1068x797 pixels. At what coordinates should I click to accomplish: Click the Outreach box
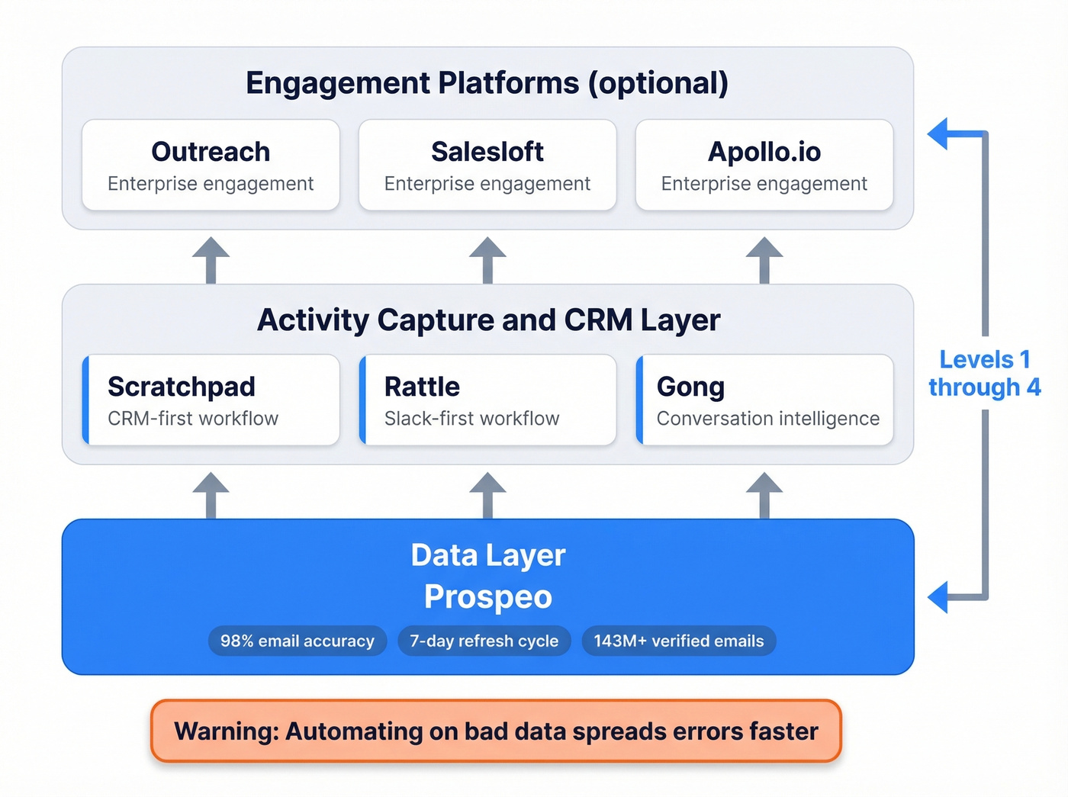pos(211,165)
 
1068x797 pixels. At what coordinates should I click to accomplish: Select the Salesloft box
pos(487,165)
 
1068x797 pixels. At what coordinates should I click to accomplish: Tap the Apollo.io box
pos(764,165)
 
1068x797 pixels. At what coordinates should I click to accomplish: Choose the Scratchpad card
pos(211,400)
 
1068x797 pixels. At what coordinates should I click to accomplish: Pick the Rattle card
pos(487,400)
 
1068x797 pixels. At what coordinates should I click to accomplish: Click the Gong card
pos(764,400)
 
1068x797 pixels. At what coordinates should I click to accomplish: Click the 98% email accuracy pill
pos(298,641)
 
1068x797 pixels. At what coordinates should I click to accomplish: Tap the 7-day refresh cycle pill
pos(484,641)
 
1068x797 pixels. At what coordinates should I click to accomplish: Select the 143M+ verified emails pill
pos(679,641)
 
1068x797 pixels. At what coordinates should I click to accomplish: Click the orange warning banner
pos(496,731)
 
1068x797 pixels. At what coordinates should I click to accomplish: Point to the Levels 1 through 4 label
pos(984,373)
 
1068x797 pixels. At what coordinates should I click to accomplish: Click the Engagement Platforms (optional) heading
pos(487,82)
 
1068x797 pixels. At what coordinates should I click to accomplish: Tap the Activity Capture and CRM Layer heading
pos(488,320)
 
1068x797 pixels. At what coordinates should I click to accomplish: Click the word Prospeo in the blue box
pos(488,596)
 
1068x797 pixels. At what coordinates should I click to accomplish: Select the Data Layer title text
pos(488,555)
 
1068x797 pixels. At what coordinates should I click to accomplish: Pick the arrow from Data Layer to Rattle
pos(487,493)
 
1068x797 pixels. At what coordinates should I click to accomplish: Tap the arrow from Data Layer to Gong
pos(764,493)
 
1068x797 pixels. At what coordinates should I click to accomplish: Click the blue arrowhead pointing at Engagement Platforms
pos(939,133)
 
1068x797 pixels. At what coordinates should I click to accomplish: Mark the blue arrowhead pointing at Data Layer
pos(939,596)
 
